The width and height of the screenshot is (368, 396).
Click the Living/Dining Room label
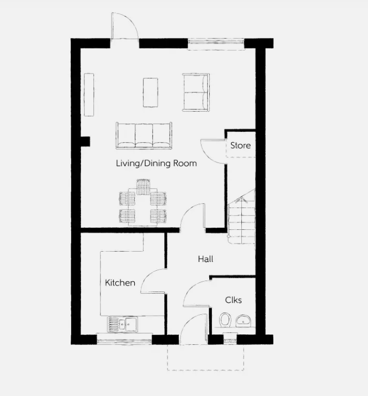(x=156, y=163)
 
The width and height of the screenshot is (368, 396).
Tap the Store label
(x=240, y=145)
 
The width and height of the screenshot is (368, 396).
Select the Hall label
(x=205, y=259)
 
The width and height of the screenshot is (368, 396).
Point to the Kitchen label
(x=120, y=283)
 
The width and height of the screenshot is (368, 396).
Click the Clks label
(x=233, y=300)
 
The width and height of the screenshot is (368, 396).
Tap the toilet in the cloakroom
(x=225, y=320)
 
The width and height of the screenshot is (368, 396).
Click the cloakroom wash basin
(x=243, y=321)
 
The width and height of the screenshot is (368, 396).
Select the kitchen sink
(x=122, y=324)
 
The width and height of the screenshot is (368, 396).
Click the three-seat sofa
(x=144, y=136)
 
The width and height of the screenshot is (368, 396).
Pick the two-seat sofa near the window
(x=196, y=92)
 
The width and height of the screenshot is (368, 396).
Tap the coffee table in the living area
(x=151, y=93)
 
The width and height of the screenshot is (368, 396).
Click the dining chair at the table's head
(x=143, y=187)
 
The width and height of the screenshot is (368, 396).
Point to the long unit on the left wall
(x=89, y=95)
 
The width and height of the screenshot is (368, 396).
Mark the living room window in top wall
(x=216, y=44)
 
